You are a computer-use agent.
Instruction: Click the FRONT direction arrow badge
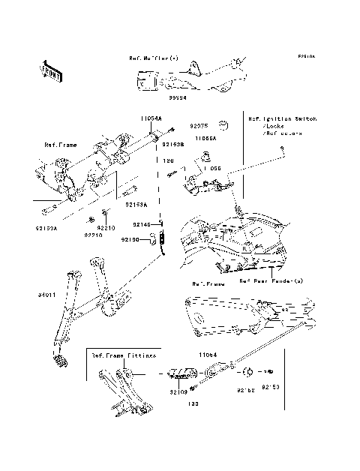(x=51, y=70)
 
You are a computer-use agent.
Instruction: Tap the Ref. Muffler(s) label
(x=153, y=56)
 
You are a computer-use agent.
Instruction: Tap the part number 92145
(x=142, y=224)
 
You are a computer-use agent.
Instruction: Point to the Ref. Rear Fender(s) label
(x=271, y=282)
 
